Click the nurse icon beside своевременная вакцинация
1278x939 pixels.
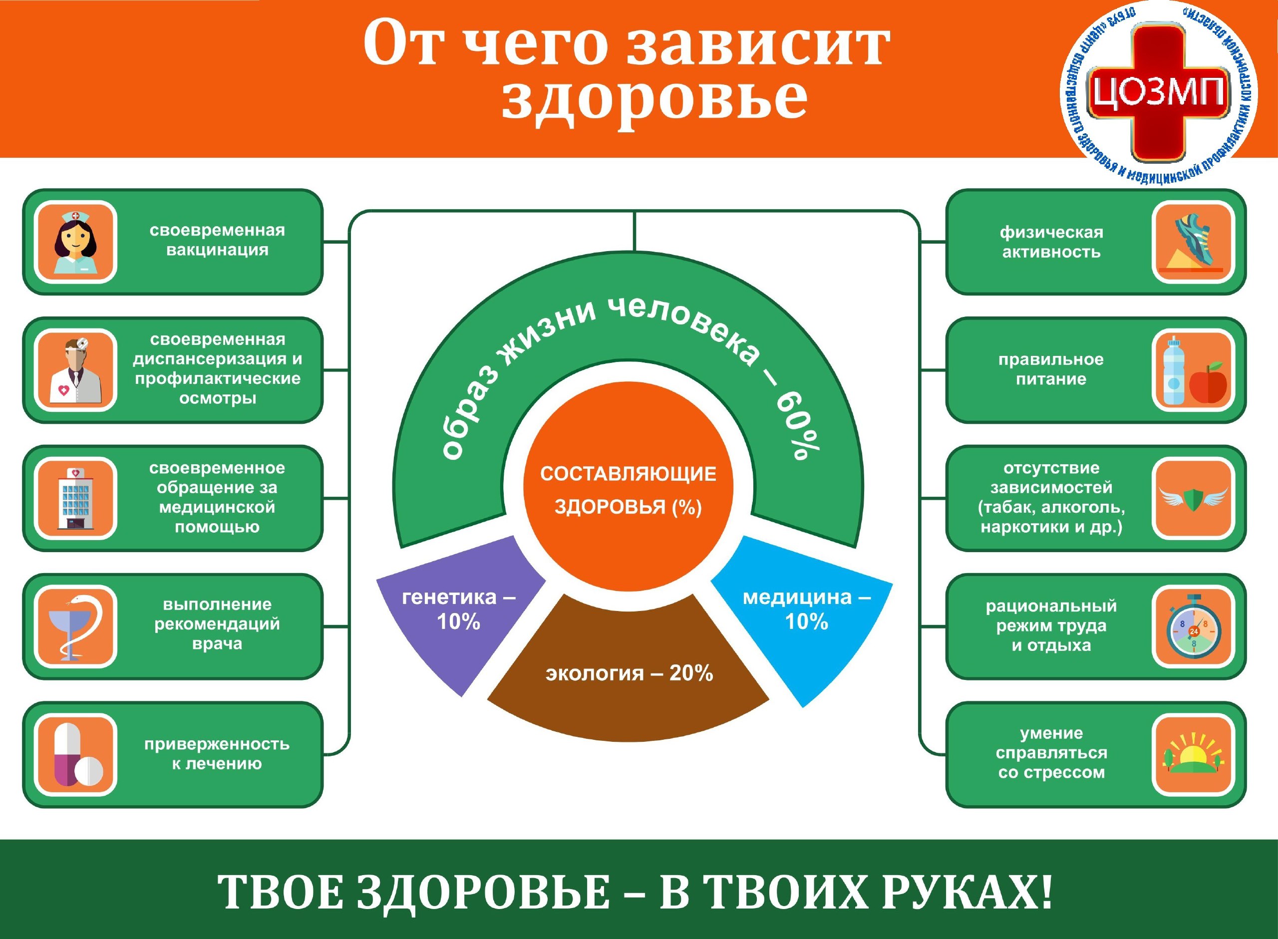(x=75, y=242)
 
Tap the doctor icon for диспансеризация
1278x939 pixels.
(x=75, y=370)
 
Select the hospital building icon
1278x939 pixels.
(x=75, y=499)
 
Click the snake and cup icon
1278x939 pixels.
(x=75, y=626)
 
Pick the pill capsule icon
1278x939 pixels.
(x=75, y=754)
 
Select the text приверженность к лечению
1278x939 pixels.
(x=217, y=754)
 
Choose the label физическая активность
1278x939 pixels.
(x=1051, y=242)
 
